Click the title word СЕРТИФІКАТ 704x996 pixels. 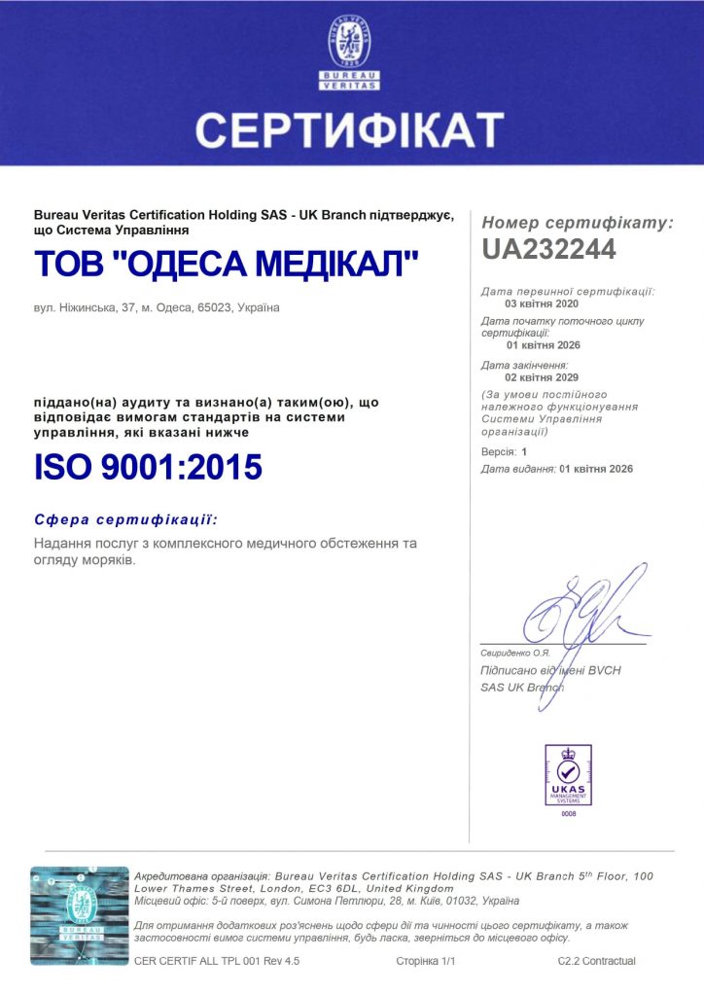pyautogui.click(x=350, y=129)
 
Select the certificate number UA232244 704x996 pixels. pyautogui.click(x=548, y=249)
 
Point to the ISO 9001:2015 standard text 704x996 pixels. pyautogui.click(x=148, y=467)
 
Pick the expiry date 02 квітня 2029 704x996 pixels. pyautogui.click(x=542, y=376)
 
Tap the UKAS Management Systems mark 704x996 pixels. pyautogui.click(x=568, y=775)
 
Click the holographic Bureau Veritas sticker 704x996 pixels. pyautogui.click(x=80, y=915)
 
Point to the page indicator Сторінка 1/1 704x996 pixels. pyautogui.click(x=426, y=961)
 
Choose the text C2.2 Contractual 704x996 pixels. pyautogui.click(x=596, y=961)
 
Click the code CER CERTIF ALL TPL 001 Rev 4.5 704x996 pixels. pyautogui.click(x=217, y=961)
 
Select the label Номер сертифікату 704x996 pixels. pyautogui.click(x=577, y=223)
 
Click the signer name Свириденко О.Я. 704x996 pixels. pyautogui.click(x=515, y=652)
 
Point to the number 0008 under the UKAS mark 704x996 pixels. pyautogui.click(x=569, y=813)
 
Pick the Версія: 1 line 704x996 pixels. pyautogui.click(x=504, y=452)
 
